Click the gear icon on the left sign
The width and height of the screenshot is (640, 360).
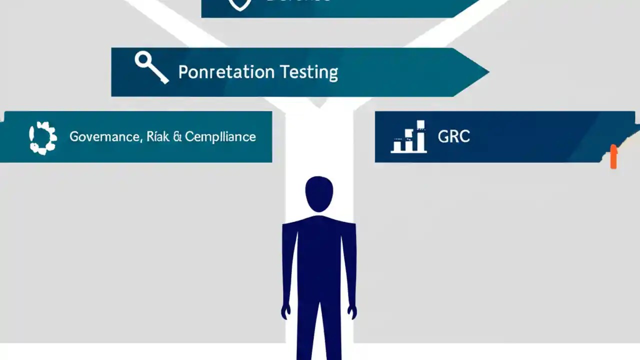pyautogui.click(x=43, y=136)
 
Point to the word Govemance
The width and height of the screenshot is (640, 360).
pyautogui.click(x=104, y=136)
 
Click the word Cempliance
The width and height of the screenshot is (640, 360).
pyautogui.click(x=220, y=136)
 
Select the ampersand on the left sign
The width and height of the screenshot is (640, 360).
pyautogui.click(x=176, y=136)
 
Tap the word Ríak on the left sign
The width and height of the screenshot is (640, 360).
pyautogui.click(x=158, y=136)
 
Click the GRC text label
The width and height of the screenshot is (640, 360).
pyautogui.click(x=453, y=136)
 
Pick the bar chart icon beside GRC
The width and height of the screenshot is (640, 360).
pyautogui.click(x=409, y=137)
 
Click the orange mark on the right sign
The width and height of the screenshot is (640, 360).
pyautogui.click(x=613, y=157)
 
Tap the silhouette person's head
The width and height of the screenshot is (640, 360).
pyautogui.click(x=319, y=193)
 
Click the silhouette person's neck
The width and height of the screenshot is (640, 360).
pyautogui.click(x=319, y=213)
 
